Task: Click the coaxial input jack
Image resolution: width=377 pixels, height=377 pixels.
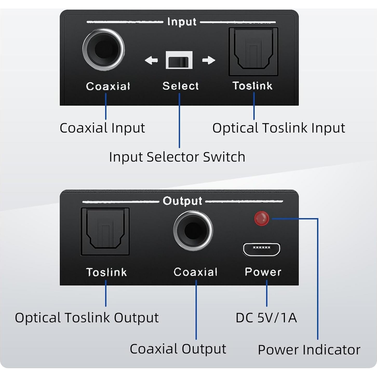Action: point(104,50)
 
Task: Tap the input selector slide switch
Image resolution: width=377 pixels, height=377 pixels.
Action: point(179,60)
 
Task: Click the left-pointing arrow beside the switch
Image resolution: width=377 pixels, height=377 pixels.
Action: point(151,60)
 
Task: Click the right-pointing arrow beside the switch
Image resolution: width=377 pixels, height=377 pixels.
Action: point(208,60)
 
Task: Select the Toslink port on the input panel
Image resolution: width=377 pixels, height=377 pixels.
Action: point(253,51)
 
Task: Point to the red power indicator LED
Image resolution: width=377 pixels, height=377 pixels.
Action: point(261,218)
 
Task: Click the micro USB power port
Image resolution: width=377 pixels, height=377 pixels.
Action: point(261,249)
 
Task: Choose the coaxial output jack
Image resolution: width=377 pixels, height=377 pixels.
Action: point(193,231)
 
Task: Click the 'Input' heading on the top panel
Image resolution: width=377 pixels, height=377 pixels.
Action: point(182,22)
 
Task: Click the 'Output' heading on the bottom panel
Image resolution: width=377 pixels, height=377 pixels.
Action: point(182,201)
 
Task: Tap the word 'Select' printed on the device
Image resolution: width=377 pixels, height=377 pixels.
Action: point(180,86)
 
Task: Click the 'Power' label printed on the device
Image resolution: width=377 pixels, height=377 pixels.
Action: point(263,272)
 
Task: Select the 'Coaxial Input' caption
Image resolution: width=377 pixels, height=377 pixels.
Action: point(102,128)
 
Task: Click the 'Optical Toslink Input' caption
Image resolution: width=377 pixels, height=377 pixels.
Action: point(279,128)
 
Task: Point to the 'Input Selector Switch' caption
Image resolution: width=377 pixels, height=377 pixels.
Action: point(177,157)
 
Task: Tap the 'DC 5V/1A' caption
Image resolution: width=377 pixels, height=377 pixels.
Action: point(266,318)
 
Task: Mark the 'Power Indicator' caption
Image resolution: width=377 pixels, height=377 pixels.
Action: point(309,350)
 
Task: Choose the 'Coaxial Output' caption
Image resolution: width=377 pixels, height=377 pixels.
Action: point(178,349)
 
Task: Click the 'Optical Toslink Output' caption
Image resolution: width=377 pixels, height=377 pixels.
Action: point(87,318)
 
